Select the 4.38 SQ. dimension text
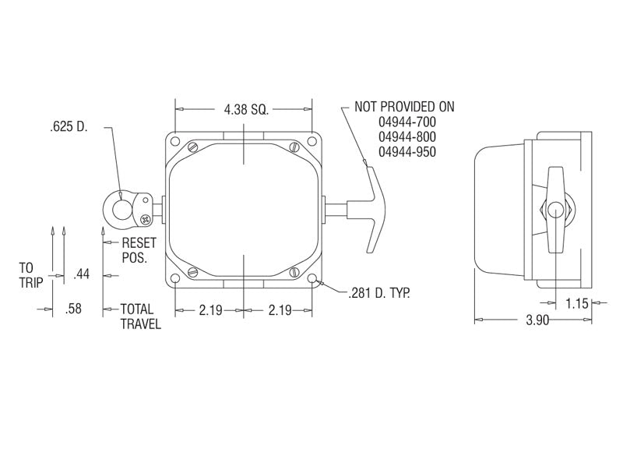pyautogui.click(x=245, y=109)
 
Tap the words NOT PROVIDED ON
pyautogui.click(x=404, y=107)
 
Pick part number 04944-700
pyautogui.click(x=407, y=122)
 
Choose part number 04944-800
pyautogui.click(x=407, y=137)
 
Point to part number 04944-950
pyautogui.click(x=407, y=152)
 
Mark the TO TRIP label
pyautogui.click(x=31, y=274)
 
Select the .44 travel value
pyautogui.click(x=81, y=274)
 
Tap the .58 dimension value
pyautogui.click(x=74, y=309)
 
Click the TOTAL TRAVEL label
pyautogui.click(x=140, y=316)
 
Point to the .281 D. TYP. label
pyautogui.click(x=378, y=293)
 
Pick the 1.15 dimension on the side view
pyautogui.click(x=576, y=303)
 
